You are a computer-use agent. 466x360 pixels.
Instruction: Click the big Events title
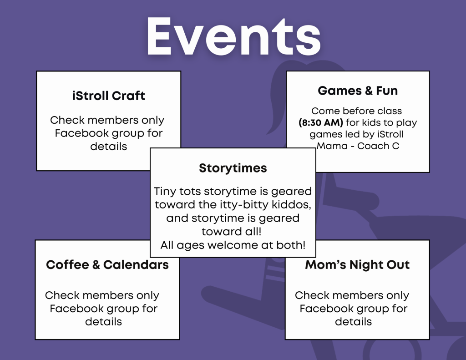pos(233,36)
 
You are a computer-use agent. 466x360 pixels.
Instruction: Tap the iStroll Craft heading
pos(108,96)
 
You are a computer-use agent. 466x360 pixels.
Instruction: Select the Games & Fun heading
pos(358,91)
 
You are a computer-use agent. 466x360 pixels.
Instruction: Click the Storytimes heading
pos(233,168)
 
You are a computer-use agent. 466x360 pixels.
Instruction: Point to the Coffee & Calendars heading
pos(107,264)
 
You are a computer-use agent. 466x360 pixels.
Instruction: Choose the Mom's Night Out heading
pos(357,264)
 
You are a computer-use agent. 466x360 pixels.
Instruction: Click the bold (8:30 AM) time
pos(321,122)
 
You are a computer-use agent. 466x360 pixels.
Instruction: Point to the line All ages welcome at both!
pos(233,245)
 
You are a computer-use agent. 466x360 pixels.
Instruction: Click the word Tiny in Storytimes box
pos(165,192)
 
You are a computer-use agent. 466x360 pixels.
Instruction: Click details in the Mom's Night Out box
pos(353,322)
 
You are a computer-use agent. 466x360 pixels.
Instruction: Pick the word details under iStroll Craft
pos(108,146)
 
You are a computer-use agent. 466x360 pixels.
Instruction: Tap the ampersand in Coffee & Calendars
pos(96,264)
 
